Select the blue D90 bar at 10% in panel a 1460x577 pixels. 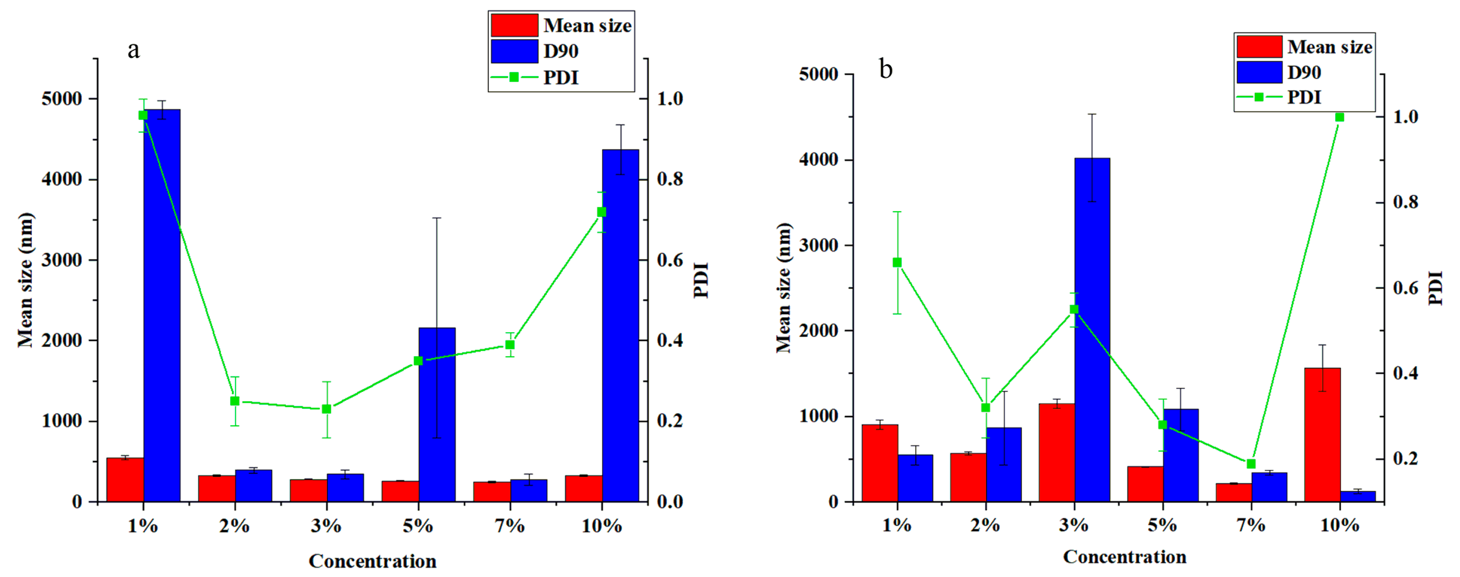pyautogui.click(x=620, y=326)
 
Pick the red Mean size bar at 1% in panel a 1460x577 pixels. pyautogui.click(x=125, y=479)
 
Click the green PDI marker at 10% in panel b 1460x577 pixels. pyautogui.click(x=1339, y=117)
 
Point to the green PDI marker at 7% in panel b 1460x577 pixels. pyautogui.click(x=1251, y=463)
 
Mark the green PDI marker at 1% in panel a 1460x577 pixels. pyautogui.click(x=143, y=115)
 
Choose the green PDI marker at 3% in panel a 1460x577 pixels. pyautogui.click(x=327, y=409)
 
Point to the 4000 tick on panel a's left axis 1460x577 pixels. pyautogui.click(x=62, y=180)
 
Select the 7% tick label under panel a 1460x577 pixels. pyautogui.click(x=510, y=527)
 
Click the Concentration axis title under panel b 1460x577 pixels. pyautogui.click(x=1125, y=557)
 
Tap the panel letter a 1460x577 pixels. pyautogui.click(x=133, y=50)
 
